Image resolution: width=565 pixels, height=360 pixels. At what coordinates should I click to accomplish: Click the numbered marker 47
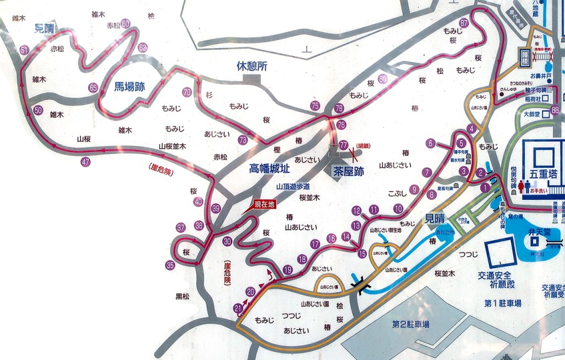86,162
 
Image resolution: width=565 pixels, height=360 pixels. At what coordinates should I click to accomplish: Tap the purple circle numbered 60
126,24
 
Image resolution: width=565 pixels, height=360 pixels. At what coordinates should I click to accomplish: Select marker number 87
463,23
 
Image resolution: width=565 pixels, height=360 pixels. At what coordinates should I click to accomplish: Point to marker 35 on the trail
170,265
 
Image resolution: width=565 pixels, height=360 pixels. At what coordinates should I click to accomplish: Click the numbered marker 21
238,308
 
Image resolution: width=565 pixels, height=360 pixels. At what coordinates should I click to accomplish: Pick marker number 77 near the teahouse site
344,145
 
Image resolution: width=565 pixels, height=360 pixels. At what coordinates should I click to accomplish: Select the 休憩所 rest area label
252,66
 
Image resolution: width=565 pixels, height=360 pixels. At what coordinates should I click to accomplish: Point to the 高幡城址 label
270,168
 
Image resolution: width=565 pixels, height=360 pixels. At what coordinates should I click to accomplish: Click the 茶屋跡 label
348,172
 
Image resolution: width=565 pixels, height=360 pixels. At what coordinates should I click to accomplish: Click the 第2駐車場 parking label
411,324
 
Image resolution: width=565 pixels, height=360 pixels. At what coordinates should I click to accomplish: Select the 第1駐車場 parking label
503,303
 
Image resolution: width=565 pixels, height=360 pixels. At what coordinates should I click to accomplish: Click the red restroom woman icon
520,186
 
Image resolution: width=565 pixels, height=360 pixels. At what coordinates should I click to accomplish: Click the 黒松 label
183,296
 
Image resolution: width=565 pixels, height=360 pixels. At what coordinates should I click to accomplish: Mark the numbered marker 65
93,88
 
